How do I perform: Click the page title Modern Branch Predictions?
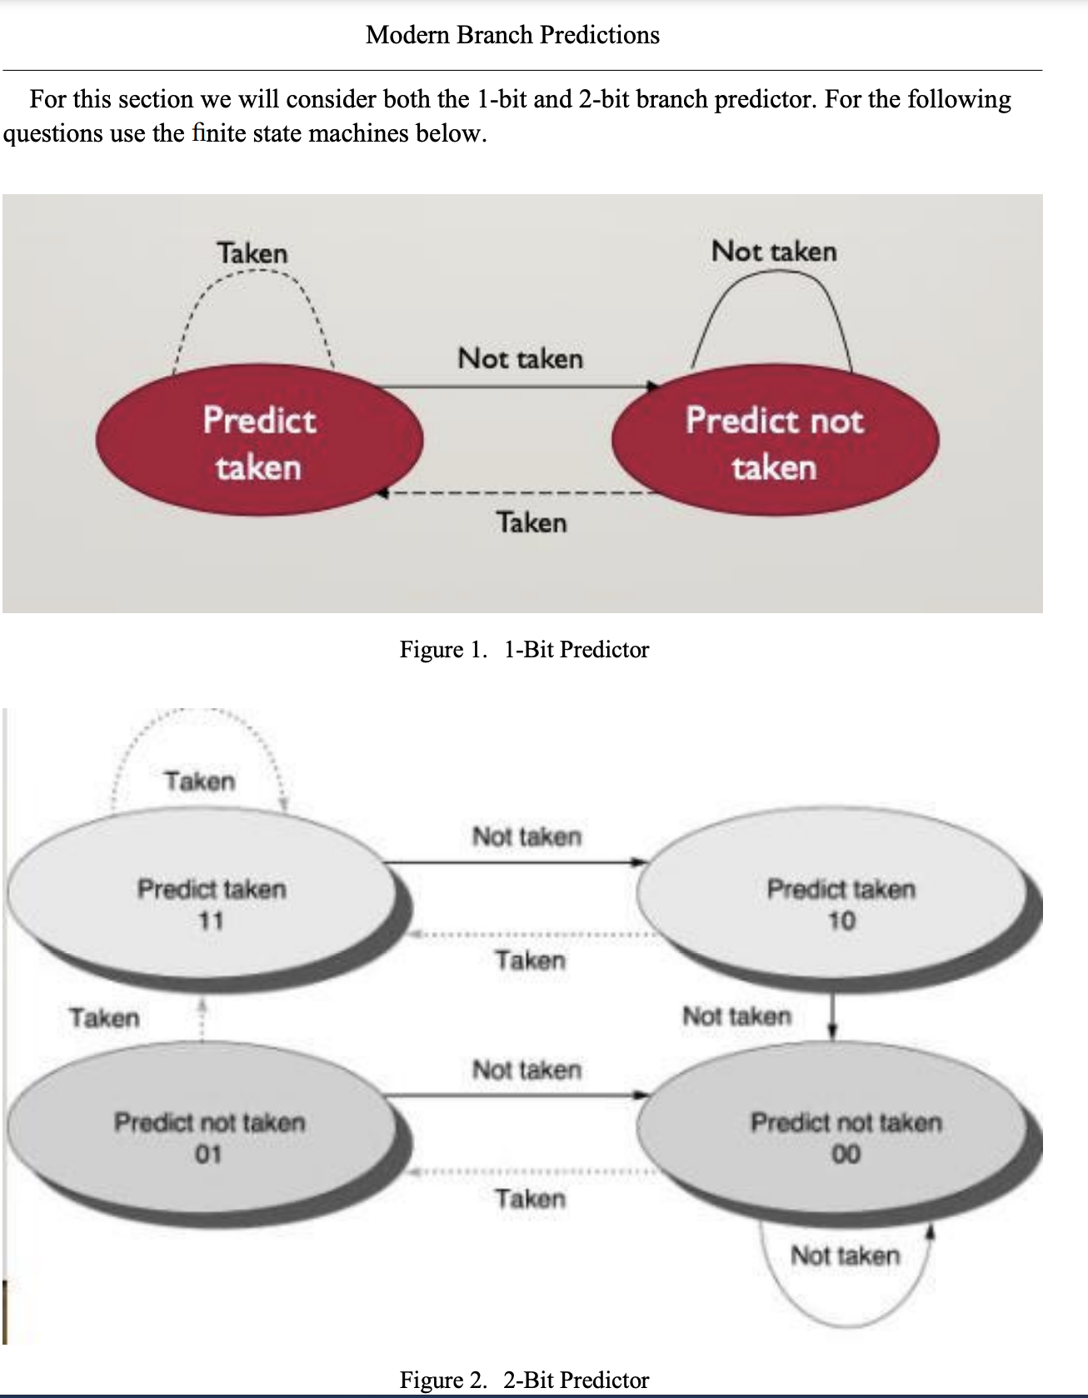(x=512, y=35)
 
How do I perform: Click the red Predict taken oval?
(x=259, y=442)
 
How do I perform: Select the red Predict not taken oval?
(x=775, y=442)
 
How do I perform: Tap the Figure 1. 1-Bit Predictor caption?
(x=524, y=650)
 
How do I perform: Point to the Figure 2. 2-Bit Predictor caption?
(x=524, y=1380)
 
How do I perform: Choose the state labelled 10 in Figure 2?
(x=840, y=904)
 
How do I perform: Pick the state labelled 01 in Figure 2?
(x=208, y=1137)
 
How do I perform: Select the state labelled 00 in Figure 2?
(x=845, y=1137)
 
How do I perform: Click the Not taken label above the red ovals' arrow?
(x=521, y=359)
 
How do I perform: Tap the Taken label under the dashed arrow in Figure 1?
(x=532, y=523)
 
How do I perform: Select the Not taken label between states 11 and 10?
(x=527, y=836)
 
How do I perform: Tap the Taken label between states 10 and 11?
(x=531, y=961)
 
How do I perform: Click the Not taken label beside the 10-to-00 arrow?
(x=736, y=1016)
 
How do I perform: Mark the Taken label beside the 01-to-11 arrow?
(x=104, y=1018)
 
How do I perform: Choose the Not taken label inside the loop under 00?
(x=845, y=1256)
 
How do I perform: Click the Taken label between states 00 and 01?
(x=531, y=1199)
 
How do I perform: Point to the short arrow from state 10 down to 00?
(x=833, y=1016)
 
